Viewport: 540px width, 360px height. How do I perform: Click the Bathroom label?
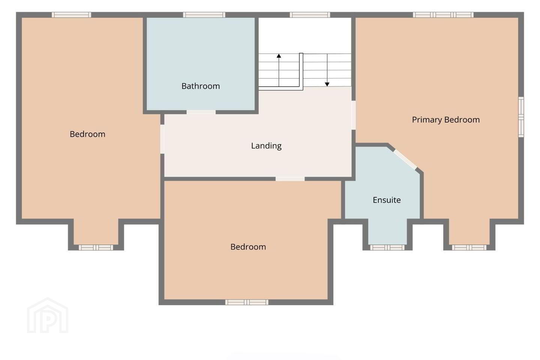[201, 86]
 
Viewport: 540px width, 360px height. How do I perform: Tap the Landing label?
[266, 145]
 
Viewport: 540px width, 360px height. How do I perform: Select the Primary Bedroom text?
[446, 120]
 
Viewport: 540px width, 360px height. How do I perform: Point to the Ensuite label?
[387, 200]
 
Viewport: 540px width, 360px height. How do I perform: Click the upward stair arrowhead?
[279, 56]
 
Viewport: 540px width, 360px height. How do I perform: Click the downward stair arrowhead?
[327, 84]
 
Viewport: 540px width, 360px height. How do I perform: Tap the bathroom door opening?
[201, 112]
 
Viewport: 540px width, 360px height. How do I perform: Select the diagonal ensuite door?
[405, 159]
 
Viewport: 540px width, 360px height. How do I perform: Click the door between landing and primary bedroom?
[353, 115]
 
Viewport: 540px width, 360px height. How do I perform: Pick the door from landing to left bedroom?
[162, 139]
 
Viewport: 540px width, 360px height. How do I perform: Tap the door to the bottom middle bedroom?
[290, 178]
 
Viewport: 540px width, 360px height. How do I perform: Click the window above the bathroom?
[204, 15]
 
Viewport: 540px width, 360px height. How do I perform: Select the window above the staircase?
[310, 15]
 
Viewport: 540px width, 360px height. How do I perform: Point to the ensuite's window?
[387, 247]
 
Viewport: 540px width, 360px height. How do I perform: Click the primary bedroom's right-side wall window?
[521, 117]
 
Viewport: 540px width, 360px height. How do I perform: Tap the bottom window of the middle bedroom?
[247, 302]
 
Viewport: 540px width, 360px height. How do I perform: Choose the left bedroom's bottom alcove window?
[96, 247]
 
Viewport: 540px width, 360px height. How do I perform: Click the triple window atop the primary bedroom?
[443, 15]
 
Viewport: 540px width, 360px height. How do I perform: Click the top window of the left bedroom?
[71, 15]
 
